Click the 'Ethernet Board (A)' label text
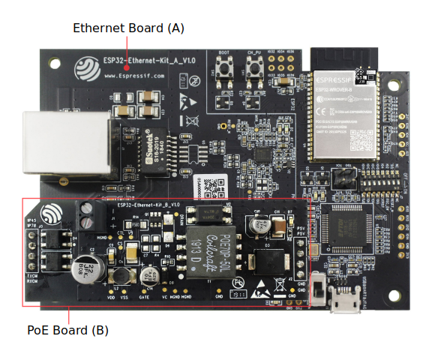[128, 28]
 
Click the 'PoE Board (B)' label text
[68, 330]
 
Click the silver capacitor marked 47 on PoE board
[262, 223]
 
